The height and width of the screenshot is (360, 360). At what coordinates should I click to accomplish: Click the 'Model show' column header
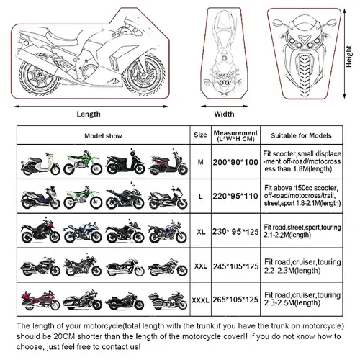pyautogui.click(x=104, y=135)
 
